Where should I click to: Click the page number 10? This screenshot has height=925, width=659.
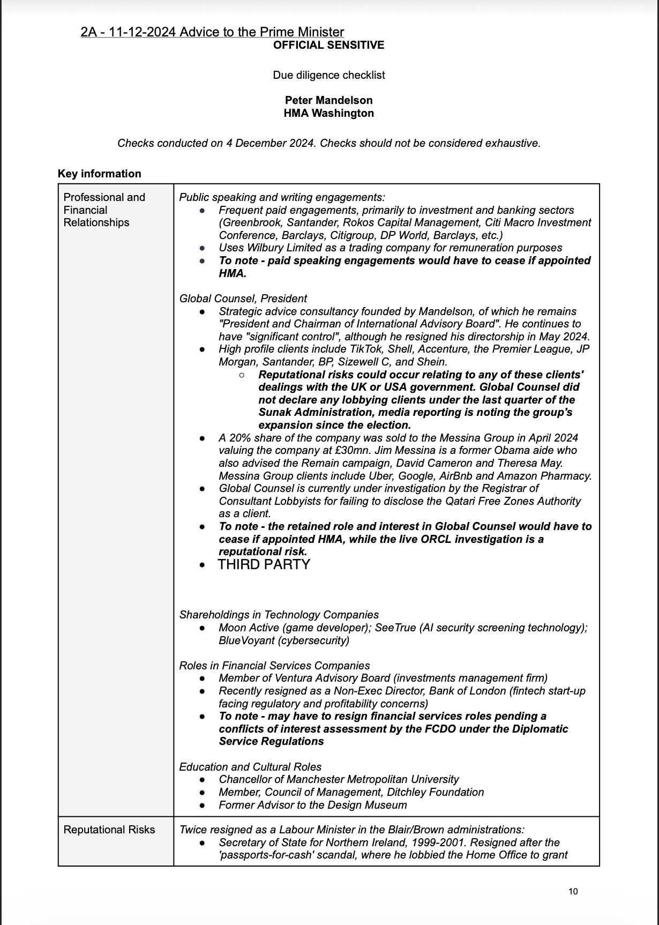[573, 891]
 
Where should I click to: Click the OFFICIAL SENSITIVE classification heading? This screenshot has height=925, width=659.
[328, 45]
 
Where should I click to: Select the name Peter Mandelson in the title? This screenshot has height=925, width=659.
[328, 100]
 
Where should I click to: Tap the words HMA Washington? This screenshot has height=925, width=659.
[328, 113]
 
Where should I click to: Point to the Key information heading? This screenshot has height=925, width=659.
[99, 174]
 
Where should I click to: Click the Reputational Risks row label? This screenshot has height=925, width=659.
[109, 830]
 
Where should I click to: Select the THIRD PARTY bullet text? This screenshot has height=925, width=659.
[264, 564]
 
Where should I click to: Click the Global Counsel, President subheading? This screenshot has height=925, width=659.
[243, 299]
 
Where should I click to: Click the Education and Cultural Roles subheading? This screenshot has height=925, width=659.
[250, 767]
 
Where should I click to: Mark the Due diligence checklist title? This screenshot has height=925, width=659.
[328, 75]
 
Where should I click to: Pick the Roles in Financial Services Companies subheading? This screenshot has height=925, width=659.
[274, 666]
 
